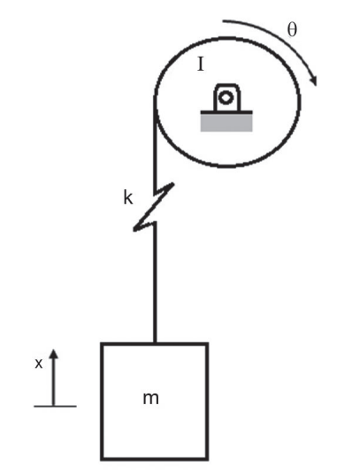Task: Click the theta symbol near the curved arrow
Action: pos(292,30)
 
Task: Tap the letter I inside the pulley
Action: pos(201,65)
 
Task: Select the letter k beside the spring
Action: pos(128,198)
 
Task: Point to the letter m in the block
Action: pos(150,399)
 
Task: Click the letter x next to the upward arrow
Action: pos(39,363)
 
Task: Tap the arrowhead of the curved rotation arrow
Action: pos(313,80)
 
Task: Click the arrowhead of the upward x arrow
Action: pos(53,354)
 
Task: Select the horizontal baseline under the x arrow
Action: pos(55,406)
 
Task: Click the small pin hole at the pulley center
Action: pos(226,97)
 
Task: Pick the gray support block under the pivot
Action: pos(226,123)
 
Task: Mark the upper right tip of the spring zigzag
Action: pos(172,183)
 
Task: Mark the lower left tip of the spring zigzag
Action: pos(134,230)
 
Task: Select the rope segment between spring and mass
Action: pos(155,283)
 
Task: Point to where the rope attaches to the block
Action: pos(155,343)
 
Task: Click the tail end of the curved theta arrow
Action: pos(224,21)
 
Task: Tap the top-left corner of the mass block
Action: pos(102,344)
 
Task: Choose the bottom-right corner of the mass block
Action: pos(207,459)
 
